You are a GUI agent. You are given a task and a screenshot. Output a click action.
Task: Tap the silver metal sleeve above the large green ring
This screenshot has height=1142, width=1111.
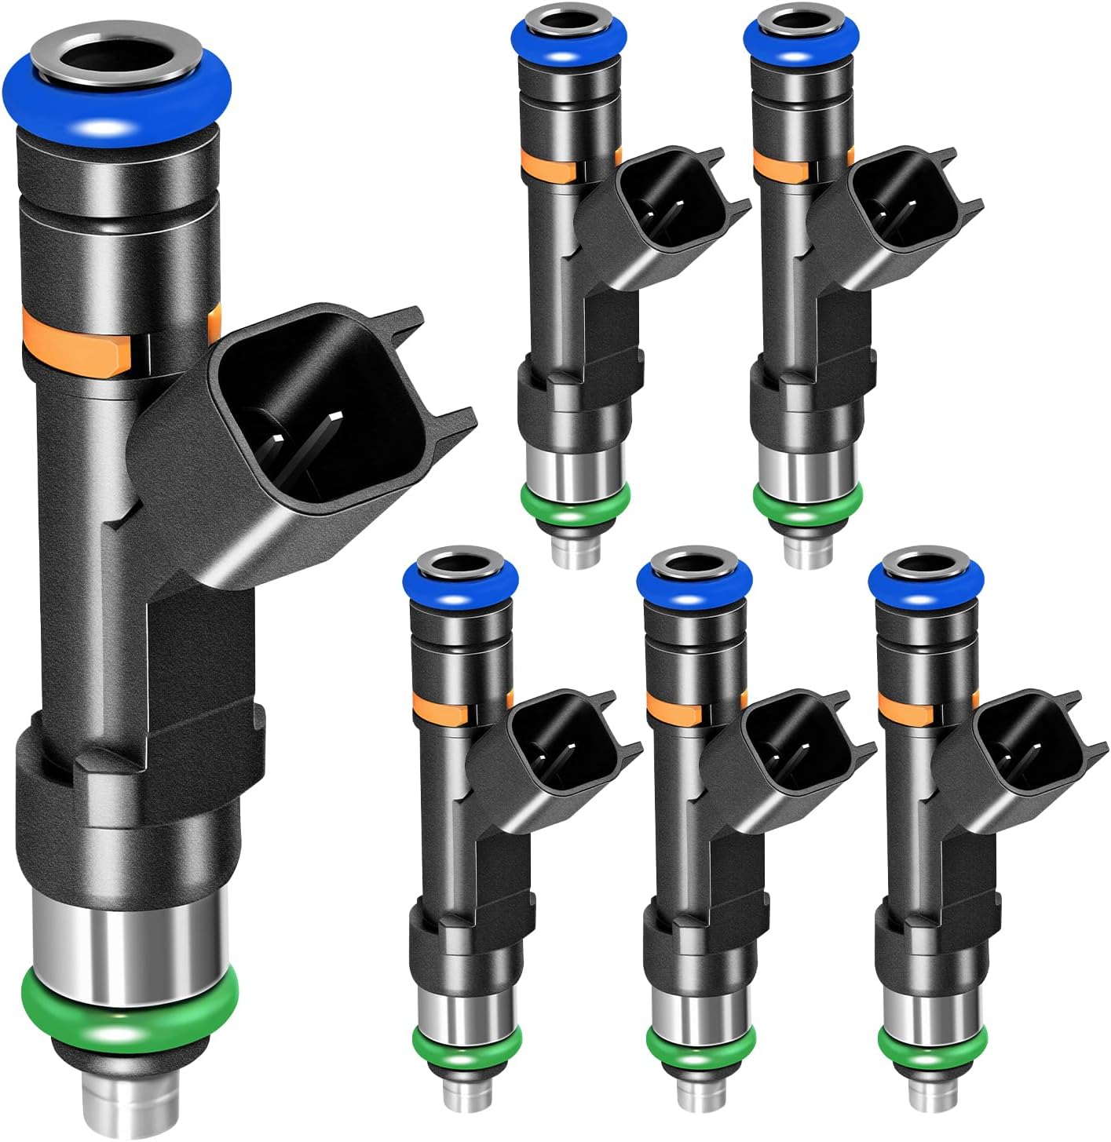click(126, 926)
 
